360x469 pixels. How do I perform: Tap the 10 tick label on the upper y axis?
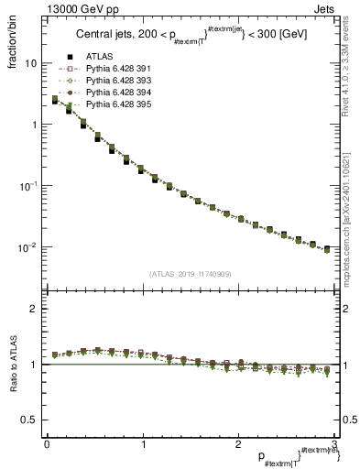30,64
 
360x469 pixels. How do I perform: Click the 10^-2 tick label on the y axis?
27,246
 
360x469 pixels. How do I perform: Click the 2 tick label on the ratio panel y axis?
33,309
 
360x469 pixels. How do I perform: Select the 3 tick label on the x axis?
334,444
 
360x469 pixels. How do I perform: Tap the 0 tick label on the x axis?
47,444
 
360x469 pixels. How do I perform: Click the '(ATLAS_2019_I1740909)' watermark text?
191,274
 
